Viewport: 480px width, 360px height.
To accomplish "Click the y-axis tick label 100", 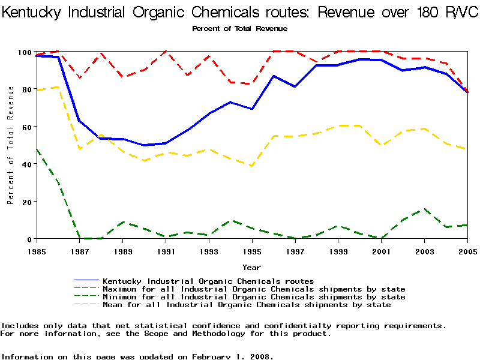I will [22, 52].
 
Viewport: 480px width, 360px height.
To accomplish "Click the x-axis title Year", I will [251, 267].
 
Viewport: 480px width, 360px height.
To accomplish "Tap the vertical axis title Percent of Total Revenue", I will [10, 145].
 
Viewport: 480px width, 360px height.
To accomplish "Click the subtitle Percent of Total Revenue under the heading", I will [239, 28].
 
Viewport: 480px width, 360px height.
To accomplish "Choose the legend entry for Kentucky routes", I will [208, 281].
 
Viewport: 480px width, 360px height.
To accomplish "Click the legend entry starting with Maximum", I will [254, 289].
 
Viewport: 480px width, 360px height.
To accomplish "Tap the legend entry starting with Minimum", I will [254, 297].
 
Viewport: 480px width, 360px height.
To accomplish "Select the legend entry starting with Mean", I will [247, 305].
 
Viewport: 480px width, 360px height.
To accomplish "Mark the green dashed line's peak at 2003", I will [424, 209].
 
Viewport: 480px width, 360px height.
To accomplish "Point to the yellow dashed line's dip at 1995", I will [252, 166].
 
